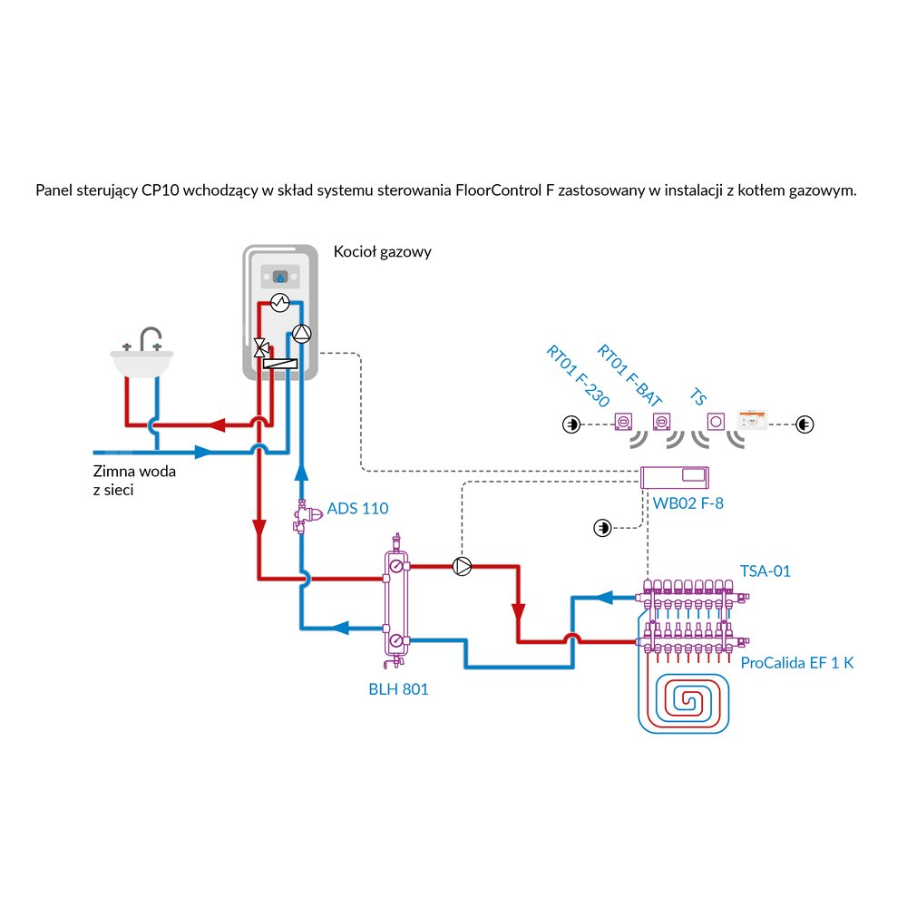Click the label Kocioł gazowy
click(x=382, y=252)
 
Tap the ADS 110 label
click(x=357, y=508)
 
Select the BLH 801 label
click(x=398, y=689)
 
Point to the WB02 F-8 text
click(x=688, y=502)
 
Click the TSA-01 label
click(x=766, y=571)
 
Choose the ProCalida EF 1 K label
click(x=797, y=663)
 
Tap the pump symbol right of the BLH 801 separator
click(x=463, y=567)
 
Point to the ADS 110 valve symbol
click(x=301, y=517)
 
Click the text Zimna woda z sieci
click(x=134, y=481)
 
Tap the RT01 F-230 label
click(x=578, y=376)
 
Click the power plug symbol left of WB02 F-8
click(x=600, y=527)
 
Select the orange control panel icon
click(x=754, y=422)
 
